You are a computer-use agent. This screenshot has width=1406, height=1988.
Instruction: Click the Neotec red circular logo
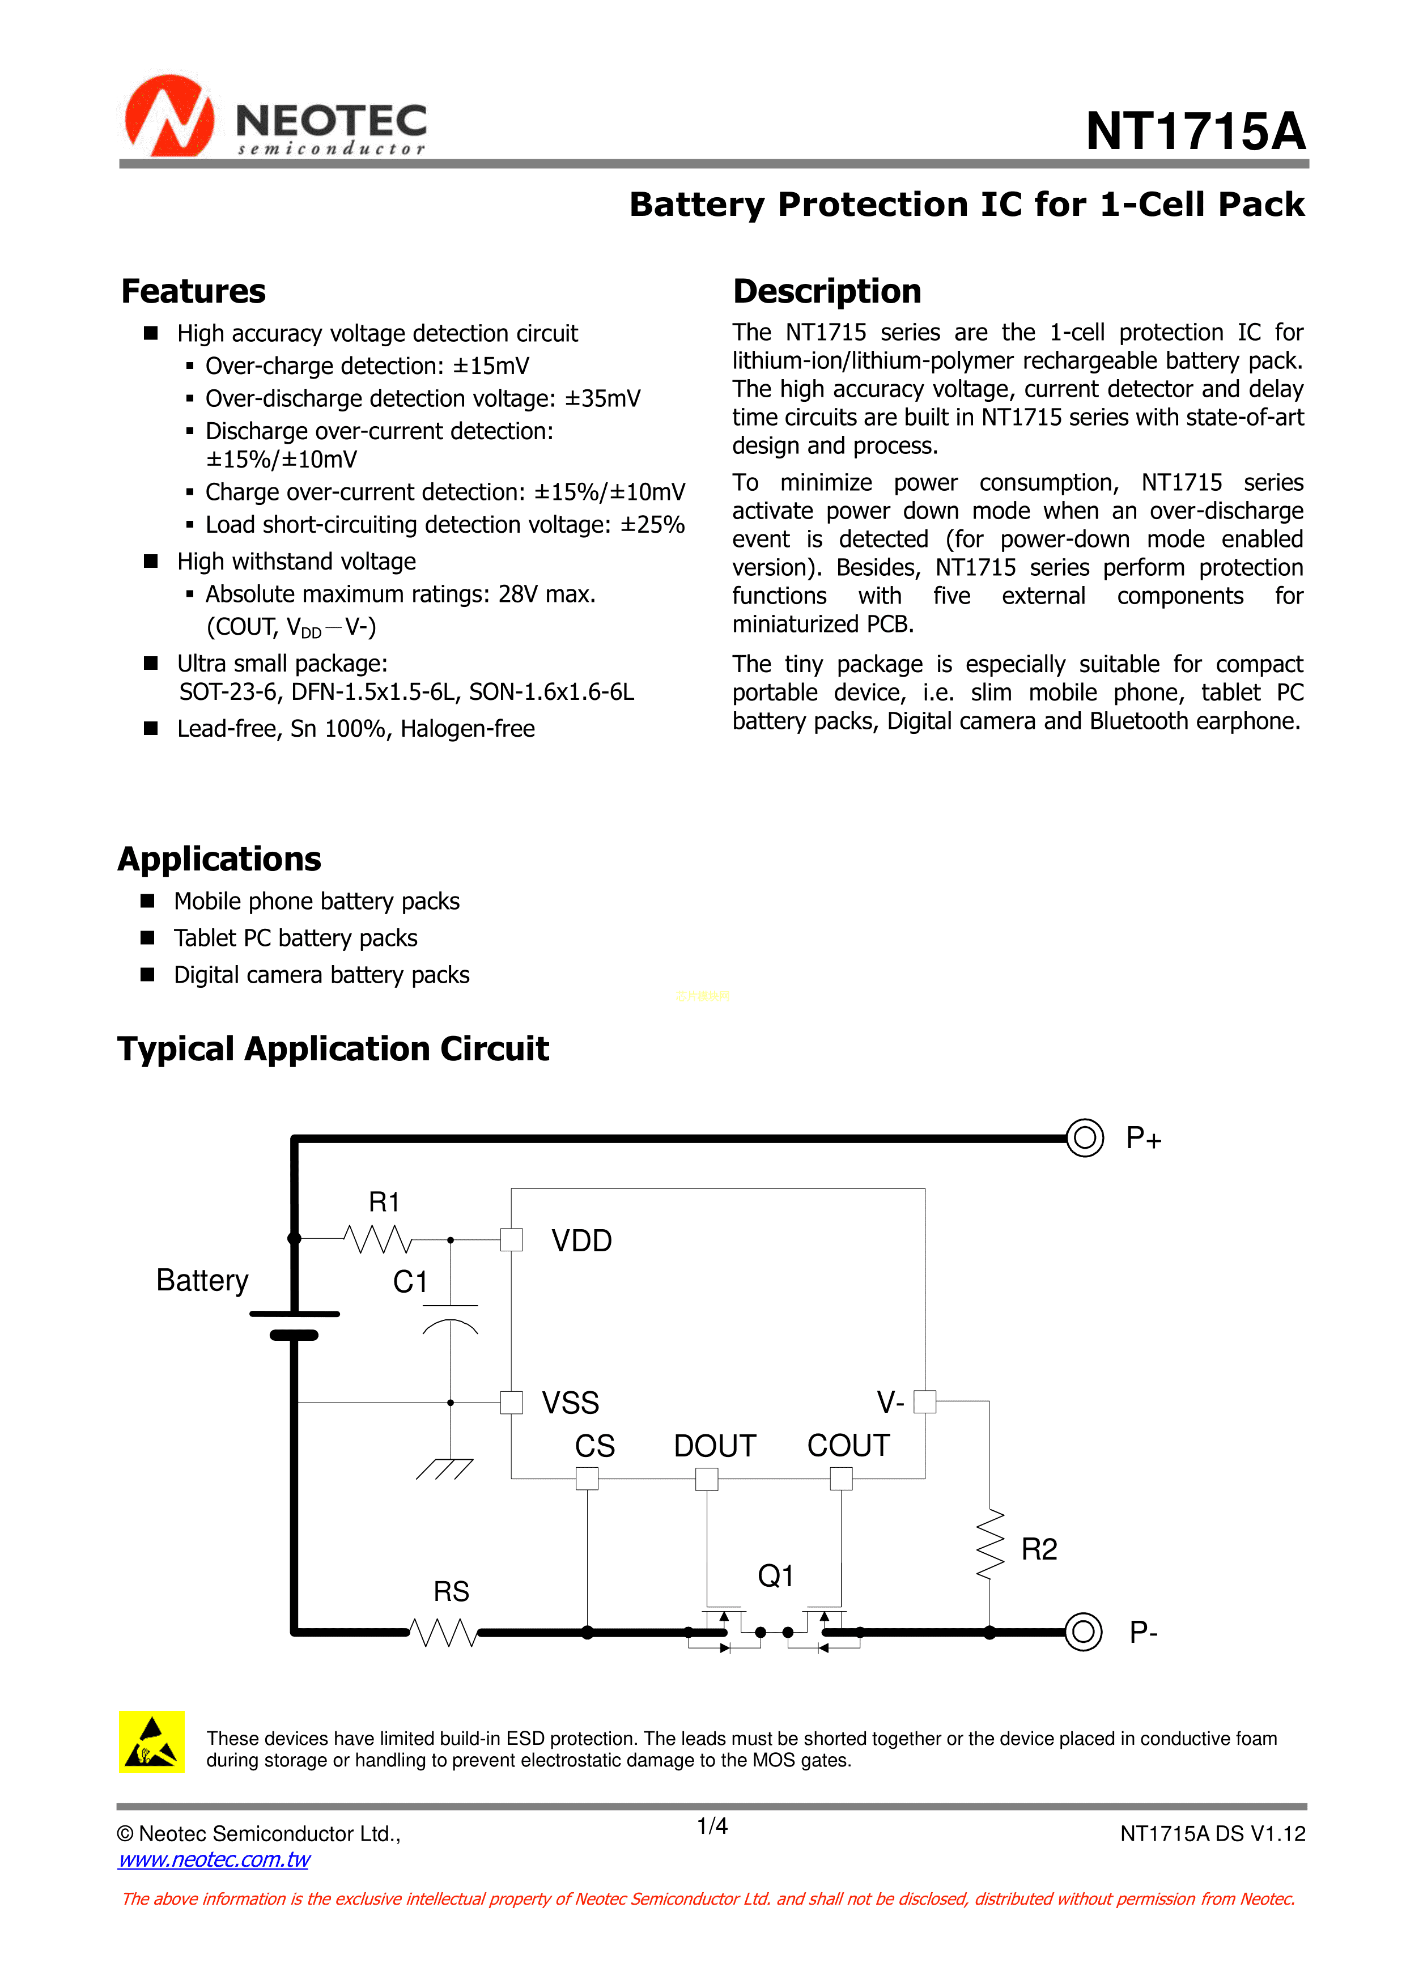pos(169,117)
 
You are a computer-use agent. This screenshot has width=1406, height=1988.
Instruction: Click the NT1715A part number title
pos(1195,131)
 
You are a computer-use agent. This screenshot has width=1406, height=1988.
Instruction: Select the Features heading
pos(193,292)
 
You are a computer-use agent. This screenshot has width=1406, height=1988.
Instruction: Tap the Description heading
pos(827,292)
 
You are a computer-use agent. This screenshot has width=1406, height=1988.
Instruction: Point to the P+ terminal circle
pos(1084,1138)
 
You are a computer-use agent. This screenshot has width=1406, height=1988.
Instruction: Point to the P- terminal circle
pos(1083,1632)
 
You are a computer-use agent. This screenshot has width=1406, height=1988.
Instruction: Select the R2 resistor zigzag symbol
pos(989,1545)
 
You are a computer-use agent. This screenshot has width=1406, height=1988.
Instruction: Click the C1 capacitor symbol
pos(450,1316)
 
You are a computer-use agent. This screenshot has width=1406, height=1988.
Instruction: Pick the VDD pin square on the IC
pos(512,1240)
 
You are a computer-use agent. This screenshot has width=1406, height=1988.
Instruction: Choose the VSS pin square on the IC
pos(512,1402)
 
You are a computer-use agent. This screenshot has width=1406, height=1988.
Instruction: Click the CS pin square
pos(587,1478)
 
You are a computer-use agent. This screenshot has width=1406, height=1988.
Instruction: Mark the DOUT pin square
pos(707,1478)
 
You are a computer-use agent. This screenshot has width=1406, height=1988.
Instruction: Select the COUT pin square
pos(840,1478)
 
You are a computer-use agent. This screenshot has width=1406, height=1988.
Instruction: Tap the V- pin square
pos(925,1401)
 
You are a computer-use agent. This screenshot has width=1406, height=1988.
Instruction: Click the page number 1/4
pos(712,1826)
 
